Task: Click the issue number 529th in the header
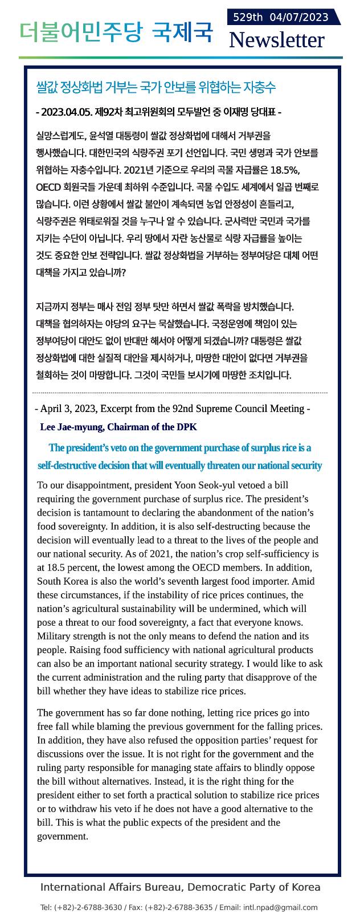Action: point(248,17)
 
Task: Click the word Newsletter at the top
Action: point(276,40)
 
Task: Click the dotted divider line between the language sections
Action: point(180,393)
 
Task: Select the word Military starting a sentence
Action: point(56,636)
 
